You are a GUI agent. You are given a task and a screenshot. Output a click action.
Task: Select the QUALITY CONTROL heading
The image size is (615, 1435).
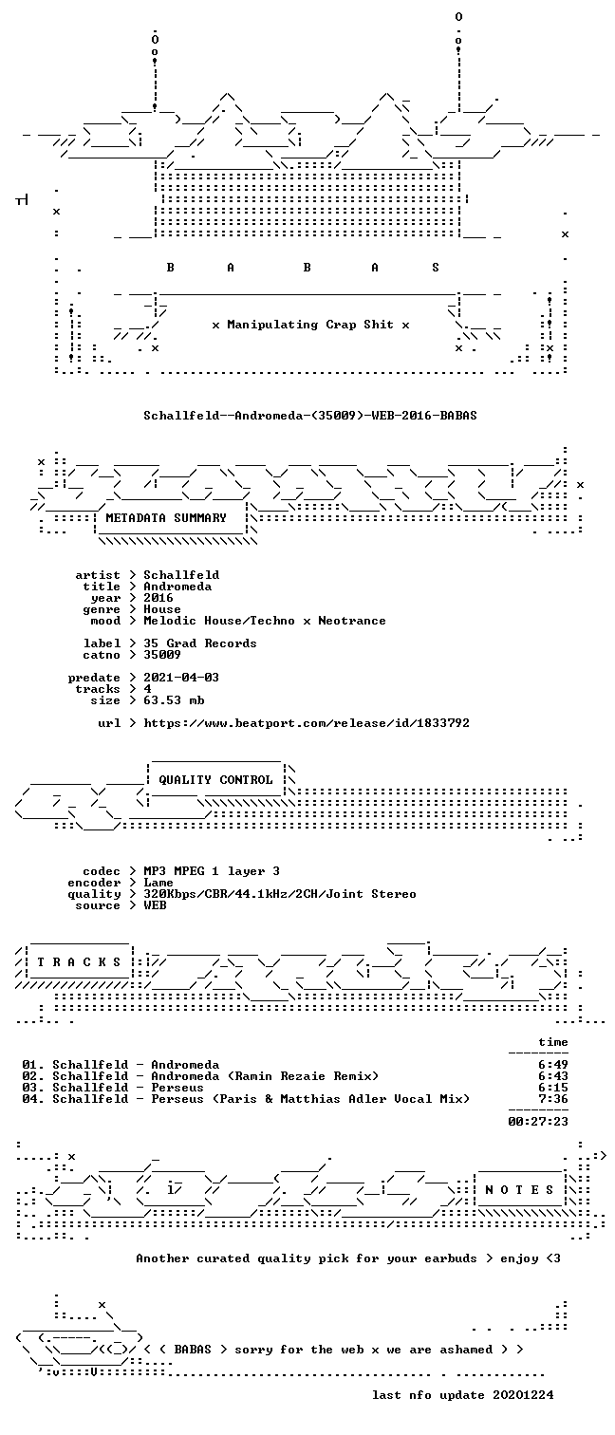[x=215, y=779]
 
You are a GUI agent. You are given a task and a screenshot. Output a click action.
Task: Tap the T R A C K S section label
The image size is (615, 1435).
[x=79, y=961]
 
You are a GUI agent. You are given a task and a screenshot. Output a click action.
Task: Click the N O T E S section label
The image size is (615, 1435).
[x=519, y=1189]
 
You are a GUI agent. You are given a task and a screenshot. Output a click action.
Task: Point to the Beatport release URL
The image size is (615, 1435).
[x=307, y=723]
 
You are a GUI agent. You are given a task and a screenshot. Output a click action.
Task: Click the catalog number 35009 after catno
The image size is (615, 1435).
[x=162, y=655]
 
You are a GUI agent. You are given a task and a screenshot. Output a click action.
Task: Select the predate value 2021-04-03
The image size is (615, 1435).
[x=181, y=677]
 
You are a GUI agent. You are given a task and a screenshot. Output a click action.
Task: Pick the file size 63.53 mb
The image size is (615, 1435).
[x=174, y=700]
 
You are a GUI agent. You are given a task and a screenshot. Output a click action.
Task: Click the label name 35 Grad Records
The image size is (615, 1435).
[x=200, y=643]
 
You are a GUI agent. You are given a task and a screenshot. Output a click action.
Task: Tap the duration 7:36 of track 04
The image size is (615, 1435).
[x=553, y=1099]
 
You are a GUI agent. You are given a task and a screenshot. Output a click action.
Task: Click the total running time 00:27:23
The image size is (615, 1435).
[x=538, y=1121]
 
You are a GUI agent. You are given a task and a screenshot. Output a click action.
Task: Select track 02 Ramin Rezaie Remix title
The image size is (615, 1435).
[x=265, y=1076]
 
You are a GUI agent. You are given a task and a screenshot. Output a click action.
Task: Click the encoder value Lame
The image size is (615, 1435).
[x=158, y=882]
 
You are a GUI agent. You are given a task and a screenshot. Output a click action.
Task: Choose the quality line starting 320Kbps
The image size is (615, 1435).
[x=280, y=894]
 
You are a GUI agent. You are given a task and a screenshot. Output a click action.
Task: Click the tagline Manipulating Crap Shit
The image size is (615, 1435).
[x=310, y=325]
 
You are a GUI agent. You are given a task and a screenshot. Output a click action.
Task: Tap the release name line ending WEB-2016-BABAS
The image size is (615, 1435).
[x=310, y=415]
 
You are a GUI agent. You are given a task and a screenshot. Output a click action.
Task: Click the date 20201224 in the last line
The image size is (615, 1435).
[x=523, y=1394]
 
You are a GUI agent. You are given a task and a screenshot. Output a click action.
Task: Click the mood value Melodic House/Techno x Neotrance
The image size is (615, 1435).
[x=265, y=621]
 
